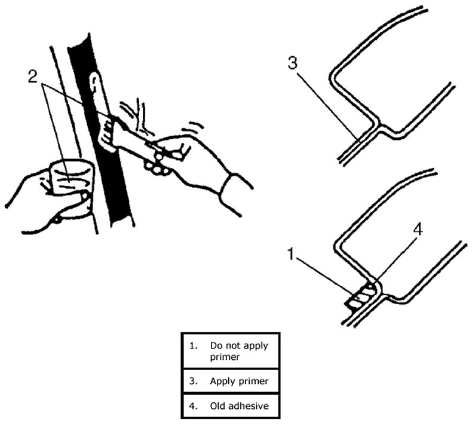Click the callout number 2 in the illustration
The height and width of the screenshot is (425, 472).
pos(34,77)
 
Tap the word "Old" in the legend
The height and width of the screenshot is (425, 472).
pos(217,406)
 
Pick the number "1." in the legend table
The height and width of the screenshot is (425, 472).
pos(192,345)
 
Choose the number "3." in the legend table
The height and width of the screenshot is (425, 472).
pos(192,381)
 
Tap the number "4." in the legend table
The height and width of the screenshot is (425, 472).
pos(192,406)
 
